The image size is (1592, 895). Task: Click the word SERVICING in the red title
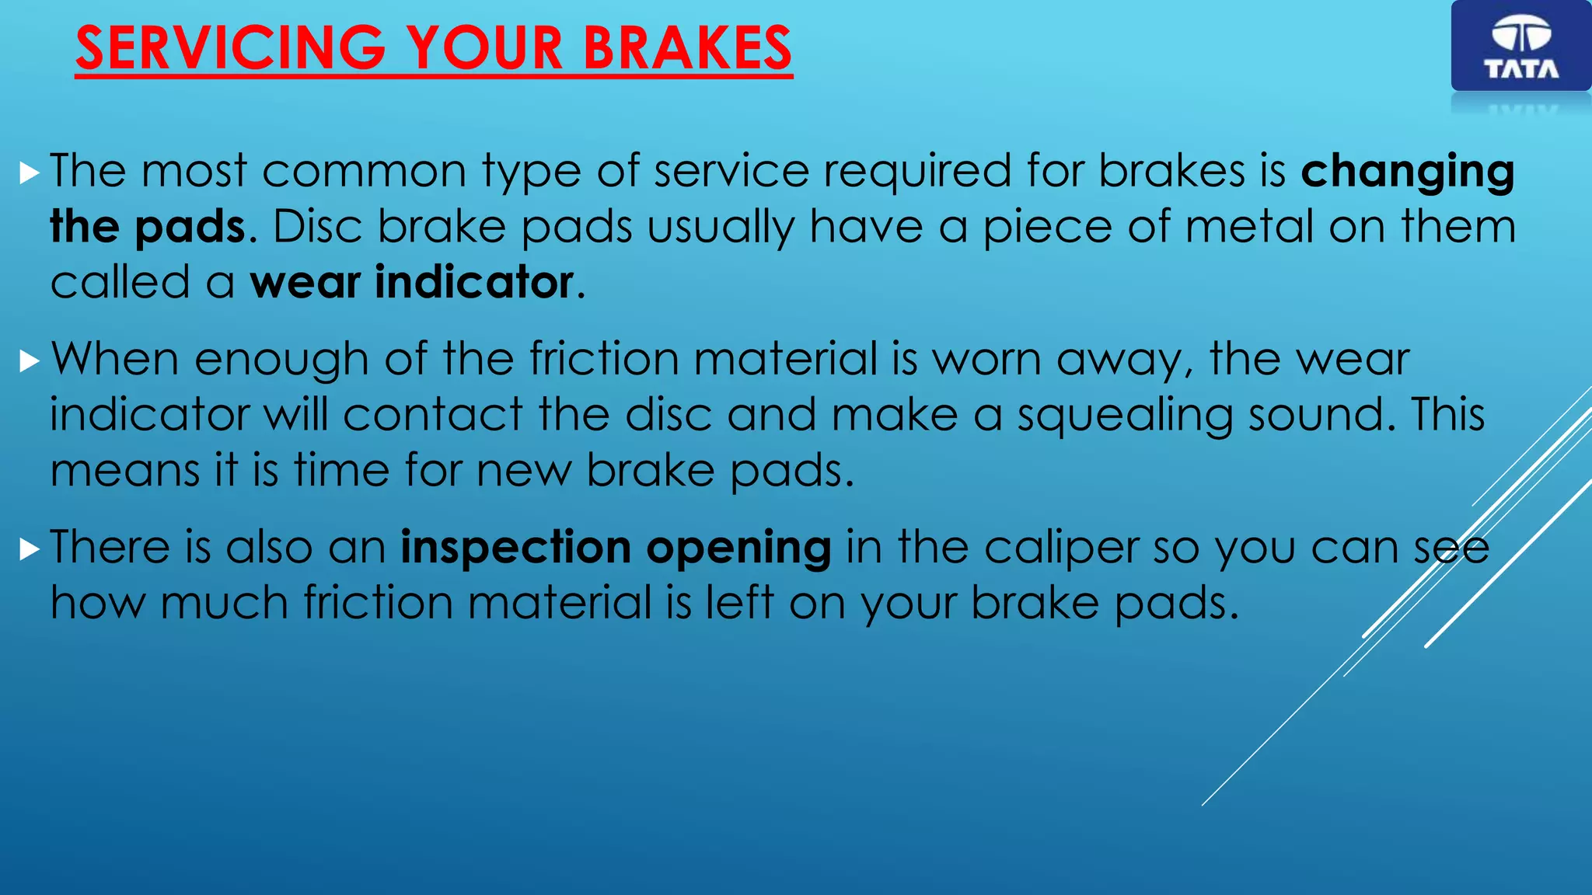pos(231,48)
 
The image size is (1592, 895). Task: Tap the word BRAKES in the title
pos(687,48)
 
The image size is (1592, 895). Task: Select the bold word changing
pos(1408,172)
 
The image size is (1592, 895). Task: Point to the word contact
pos(433,415)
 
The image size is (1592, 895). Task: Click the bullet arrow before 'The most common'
pos(29,173)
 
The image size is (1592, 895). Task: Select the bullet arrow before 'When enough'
pos(29,361)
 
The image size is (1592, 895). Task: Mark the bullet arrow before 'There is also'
pos(29,550)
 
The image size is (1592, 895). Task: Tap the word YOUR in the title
pos(485,48)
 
